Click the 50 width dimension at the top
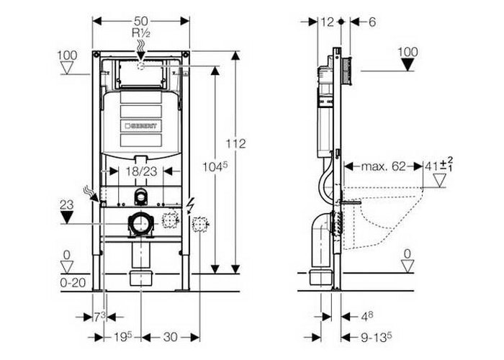coord(141,21)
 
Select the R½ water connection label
coord(141,33)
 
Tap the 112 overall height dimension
coord(235,143)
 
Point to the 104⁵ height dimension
coord(215,167)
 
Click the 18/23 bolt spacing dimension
coord(141,171)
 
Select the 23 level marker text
coord(66,204)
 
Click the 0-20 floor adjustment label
coord(73,282)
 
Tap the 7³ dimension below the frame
coord(99,318)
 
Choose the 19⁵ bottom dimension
coord(123,337)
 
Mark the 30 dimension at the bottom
coord(170,337)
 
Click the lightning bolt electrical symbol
coord(189,205)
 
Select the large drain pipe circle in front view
coord(141,223)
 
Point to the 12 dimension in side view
coord(327,22)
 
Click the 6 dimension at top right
coord(372,22)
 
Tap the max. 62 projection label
coord(383,166)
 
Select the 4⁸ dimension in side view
coord(366,317)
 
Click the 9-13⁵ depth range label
coord(376,337)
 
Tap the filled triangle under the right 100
coord(408,66)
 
